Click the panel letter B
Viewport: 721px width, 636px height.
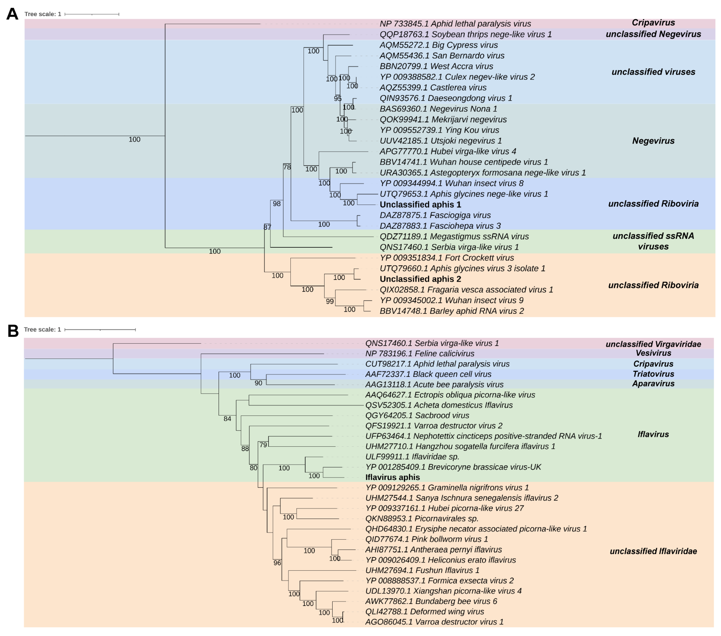[x=13, y=331]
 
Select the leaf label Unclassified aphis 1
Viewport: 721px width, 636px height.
[x=420, y=205]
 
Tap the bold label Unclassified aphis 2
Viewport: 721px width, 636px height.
[x=420, y=279]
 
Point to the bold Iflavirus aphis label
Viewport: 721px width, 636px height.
[x=392, y=477]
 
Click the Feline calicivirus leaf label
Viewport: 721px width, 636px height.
[x=420, y=354]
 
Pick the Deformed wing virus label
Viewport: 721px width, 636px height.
[x=424, y=612]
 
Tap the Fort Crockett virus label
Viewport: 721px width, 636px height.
[x=446, y=258]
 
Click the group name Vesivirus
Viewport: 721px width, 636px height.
[x=653, y=353]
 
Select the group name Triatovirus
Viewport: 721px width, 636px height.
[x=653, y=374]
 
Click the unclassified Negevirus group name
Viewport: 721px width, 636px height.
[x=653, y=34]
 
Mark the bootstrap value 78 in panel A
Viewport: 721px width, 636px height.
[x=287, y=167]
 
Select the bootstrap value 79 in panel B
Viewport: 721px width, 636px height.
[x=263, y=445]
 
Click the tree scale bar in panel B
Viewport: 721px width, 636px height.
[x=100, y=330]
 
